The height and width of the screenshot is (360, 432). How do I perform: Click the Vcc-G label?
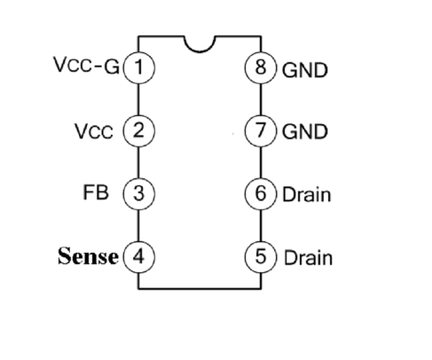point(86,65)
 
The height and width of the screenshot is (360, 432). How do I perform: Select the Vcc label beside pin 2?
point(94,131)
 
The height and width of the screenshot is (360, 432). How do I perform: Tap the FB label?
point(96,192)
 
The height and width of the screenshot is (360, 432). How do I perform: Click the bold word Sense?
point(88,256)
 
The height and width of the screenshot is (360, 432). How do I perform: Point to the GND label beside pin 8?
point(305,70)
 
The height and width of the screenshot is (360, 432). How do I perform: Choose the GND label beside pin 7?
point(305,131)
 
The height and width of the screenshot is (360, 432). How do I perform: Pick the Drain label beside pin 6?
point(307,195)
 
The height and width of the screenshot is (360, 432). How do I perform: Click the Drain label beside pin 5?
point(308,258)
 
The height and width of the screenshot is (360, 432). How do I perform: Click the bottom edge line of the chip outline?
point(200,288)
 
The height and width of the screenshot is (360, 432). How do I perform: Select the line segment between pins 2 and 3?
point(138,162)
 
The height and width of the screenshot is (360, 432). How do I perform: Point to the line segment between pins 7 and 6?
point(261,162)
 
